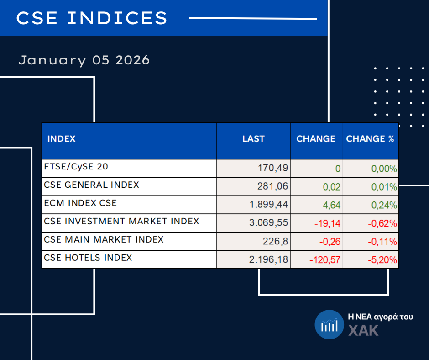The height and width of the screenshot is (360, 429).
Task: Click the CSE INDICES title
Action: pos(92,18)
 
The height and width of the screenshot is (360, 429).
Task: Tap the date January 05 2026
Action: pos(84,60)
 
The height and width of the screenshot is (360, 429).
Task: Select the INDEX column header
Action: pos(62,139)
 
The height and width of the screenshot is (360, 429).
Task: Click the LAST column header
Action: pos(253,139)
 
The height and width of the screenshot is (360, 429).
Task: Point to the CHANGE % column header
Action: pos(370,139)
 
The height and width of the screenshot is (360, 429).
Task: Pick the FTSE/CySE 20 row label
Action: pos(76,166)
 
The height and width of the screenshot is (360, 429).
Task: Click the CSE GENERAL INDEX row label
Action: pos(92,185)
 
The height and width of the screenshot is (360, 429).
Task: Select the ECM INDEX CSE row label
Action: pos(80,203)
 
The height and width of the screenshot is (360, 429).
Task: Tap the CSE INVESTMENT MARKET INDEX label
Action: pos(122,222)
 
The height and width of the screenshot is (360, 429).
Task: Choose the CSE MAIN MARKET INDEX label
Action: pos(104,239)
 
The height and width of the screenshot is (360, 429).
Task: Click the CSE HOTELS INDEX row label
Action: pos(88,258)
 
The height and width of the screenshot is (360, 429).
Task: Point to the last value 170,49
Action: pos(273,169)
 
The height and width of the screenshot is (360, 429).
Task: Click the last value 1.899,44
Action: pos(269,205)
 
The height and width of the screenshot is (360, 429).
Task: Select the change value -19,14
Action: pos(326,224)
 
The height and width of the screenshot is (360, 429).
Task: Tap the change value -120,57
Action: pos(325,260)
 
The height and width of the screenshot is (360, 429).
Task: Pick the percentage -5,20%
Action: pos(382,260)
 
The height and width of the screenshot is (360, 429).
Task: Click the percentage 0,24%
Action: pos(384,205)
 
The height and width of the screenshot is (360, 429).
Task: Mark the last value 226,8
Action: pos(277,242)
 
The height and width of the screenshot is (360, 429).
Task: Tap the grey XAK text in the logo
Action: pos(364,330)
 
